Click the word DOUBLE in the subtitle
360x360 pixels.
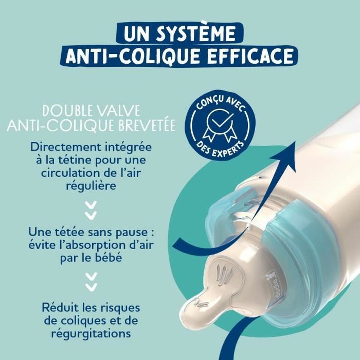point(67,111)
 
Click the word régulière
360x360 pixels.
point(91,186)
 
